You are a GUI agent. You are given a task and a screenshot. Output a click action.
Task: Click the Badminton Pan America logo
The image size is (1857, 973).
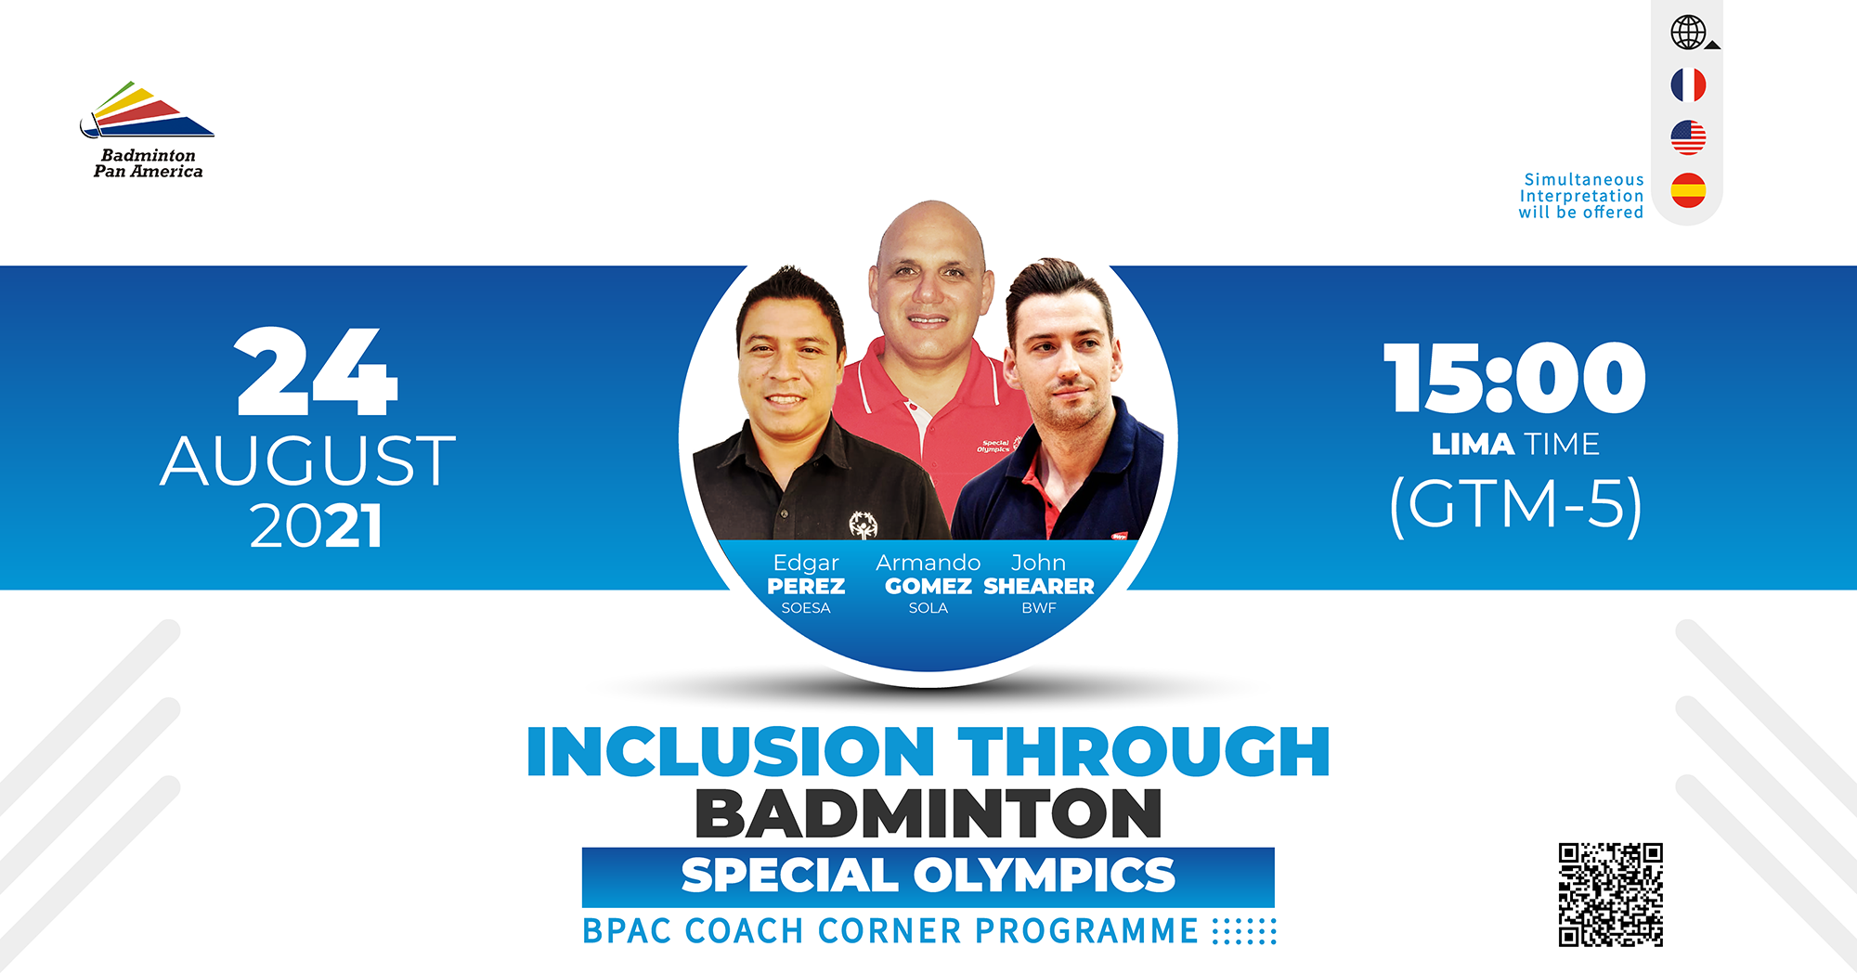pyautogui.click(x=148, y=129)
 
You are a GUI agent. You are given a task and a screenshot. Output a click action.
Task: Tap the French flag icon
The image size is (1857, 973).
pyautogui.click(x=1688, y=85)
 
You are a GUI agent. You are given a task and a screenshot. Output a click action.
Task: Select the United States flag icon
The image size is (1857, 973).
pyautogui.click(x=1688, y=137)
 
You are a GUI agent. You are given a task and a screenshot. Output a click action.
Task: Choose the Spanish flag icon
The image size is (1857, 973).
pyautogui.click(x=1688, y=190)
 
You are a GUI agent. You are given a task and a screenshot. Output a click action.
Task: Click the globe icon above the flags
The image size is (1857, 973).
pyautogui.click(x=1688, y=32)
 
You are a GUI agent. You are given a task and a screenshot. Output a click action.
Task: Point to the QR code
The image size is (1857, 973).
pyautogui.click(x=1610, y=894)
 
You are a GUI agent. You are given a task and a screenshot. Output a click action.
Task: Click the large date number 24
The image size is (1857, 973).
pyautogui.click(x=317, y=372)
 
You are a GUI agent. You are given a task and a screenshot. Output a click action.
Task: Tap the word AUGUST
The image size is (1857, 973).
pyautogui.click(x=308, y=461)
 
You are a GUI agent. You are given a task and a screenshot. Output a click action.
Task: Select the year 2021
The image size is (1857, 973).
pyautogui.click(x=316, y=526)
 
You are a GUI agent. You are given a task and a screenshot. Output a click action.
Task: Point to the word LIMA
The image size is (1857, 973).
pyautogui.click(x=1473, y=444)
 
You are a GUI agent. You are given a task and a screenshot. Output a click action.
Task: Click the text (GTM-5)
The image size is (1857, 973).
pyautogui.click(x=1515, y=505)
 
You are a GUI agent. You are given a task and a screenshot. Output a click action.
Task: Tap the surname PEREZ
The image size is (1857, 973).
pyautogui.click(x=806, y=587)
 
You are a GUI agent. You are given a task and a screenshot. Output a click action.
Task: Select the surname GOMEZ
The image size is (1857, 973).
pyautogui.click(x=928, y=587)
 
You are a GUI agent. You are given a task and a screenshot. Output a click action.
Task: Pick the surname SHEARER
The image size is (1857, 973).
pyautogui.click(x=1039, y=587)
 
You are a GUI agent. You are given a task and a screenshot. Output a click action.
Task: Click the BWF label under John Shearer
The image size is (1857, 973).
pyautogui.click(x=1039, y=608)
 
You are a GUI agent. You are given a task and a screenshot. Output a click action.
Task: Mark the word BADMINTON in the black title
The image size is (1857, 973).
pyautogui.click(x=928, y=813)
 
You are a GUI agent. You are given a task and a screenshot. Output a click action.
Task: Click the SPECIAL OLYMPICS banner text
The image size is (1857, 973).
pyautogui.click(x=928, y=876)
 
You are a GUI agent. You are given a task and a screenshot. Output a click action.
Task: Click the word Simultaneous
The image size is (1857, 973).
pyautogui.click(x=1584, y=179)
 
